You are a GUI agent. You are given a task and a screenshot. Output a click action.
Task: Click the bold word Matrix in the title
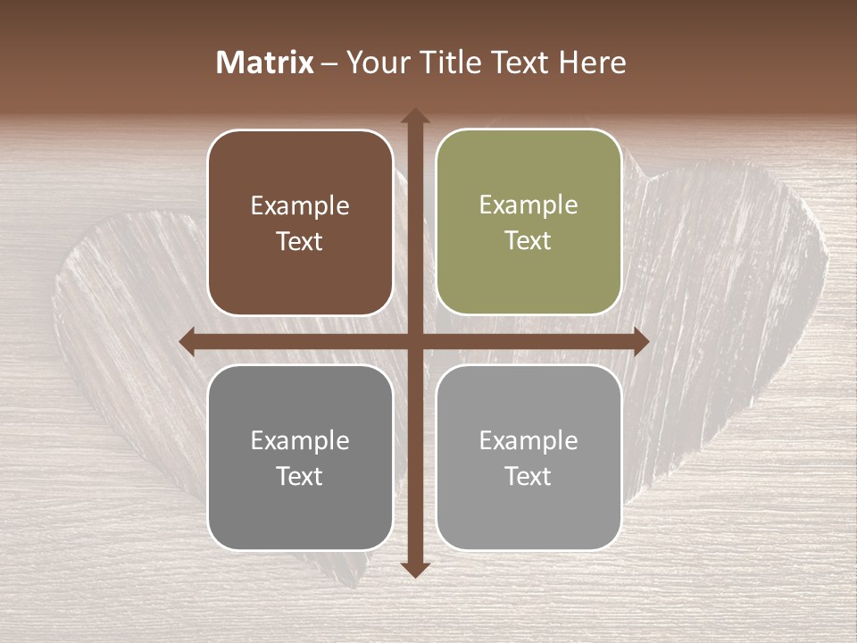pos(265,63)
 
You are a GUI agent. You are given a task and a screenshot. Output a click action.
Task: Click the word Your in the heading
pos(374,63)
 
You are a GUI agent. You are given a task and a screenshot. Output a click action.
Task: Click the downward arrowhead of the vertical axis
pos(415,569)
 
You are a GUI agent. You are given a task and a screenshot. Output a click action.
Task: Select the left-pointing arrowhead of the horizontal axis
pos(187,341)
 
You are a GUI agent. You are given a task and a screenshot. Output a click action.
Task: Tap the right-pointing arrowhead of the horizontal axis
pos(640,341)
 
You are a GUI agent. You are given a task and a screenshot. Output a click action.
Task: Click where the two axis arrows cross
pos(415,341)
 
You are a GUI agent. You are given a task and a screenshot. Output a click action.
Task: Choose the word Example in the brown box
pos(300,206)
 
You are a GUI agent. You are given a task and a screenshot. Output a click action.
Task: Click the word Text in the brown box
pos(300,242)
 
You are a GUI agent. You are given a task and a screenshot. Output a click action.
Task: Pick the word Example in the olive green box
pos(528,205)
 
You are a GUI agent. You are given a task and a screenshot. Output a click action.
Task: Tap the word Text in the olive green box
pos(528,241)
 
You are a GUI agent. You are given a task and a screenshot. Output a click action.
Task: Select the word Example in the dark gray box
pos(300,441)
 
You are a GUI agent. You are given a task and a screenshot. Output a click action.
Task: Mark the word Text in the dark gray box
pos(300,477)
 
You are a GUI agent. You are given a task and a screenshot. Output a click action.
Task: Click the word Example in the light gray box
pos(528,441)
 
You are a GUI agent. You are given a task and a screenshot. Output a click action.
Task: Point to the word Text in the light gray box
pos(528,477)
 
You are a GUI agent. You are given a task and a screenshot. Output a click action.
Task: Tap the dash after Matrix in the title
pos(330,63)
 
